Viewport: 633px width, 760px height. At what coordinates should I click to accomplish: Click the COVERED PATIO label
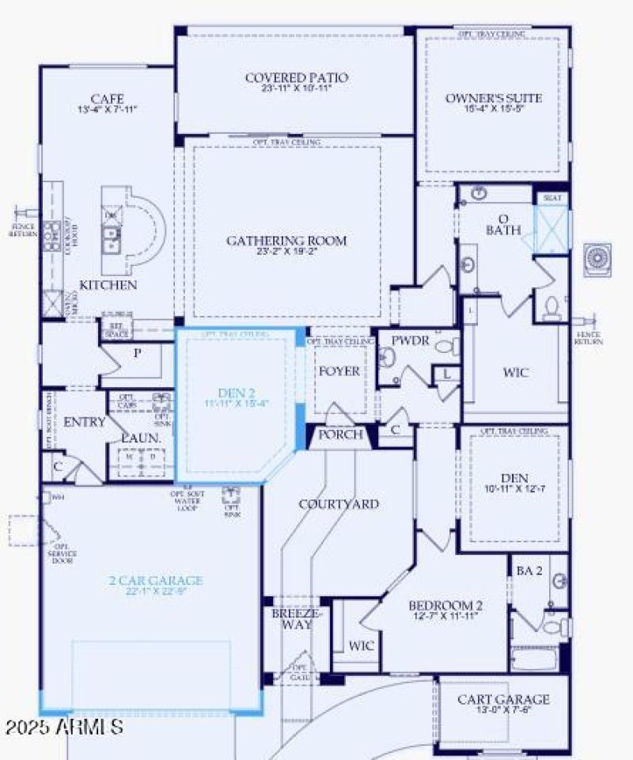[297, 78]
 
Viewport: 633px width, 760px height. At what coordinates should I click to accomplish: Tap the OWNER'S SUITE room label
[494, 98]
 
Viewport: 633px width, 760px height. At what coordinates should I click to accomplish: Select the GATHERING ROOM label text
[286, 241]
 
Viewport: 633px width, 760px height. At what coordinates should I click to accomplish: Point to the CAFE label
[106, 99]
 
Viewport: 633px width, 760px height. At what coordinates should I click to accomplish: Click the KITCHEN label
[108, 284]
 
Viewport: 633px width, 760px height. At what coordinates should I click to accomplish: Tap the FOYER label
[339, 371]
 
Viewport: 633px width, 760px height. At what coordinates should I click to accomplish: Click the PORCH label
[340, 435]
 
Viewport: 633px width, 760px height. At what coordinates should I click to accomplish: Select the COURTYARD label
[338, 503]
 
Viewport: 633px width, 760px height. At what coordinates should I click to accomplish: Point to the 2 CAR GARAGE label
[155, 580]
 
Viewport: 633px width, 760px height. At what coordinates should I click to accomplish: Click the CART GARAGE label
[504, 699]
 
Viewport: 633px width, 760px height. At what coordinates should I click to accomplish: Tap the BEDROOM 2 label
[445, 606]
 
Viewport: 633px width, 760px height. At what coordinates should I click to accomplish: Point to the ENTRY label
[84, 422]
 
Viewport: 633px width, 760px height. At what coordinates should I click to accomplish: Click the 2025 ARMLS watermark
[63, 725]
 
